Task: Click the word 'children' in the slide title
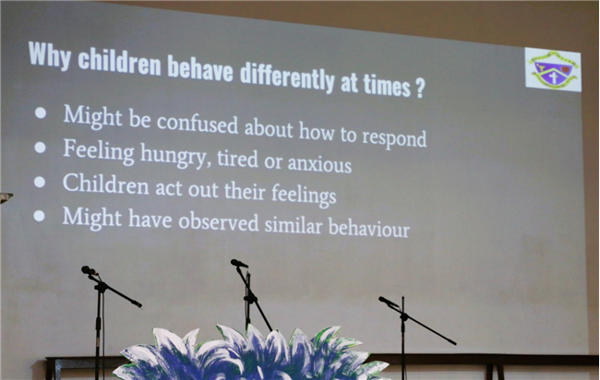119,63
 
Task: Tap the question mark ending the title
419,89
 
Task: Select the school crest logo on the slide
553,69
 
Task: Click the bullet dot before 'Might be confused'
41,113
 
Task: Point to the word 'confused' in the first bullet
198,124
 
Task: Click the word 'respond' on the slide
394,138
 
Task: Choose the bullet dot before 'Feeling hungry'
40,148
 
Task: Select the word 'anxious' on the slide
319,163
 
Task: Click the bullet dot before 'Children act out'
40,182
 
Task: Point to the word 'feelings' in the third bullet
304,195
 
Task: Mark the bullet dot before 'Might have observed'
39,216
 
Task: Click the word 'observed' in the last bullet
219,221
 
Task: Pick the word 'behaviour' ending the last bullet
369,228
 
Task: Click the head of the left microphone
89,270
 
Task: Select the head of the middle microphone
239,263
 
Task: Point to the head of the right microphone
388,302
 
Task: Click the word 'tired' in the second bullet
237,159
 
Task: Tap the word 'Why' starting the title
50,55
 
